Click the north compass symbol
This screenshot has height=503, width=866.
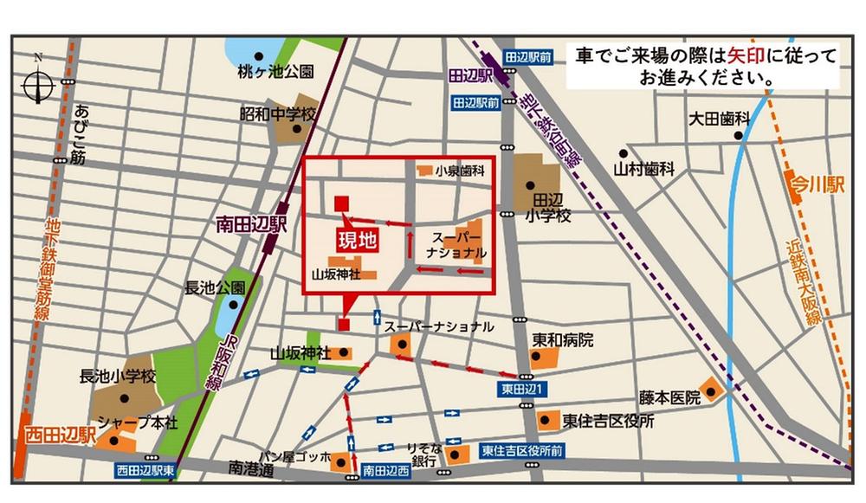(38, 85)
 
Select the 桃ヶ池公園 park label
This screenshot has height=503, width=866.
(275, 72)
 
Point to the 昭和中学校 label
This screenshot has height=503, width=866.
(280, 113)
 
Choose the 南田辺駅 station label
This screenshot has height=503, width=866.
(250, 225)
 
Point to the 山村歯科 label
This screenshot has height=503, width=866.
(643, 171)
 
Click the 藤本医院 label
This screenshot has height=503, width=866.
(669, 398)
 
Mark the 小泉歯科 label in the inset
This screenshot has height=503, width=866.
(459, 171)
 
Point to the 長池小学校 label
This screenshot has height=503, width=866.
(117, 377)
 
